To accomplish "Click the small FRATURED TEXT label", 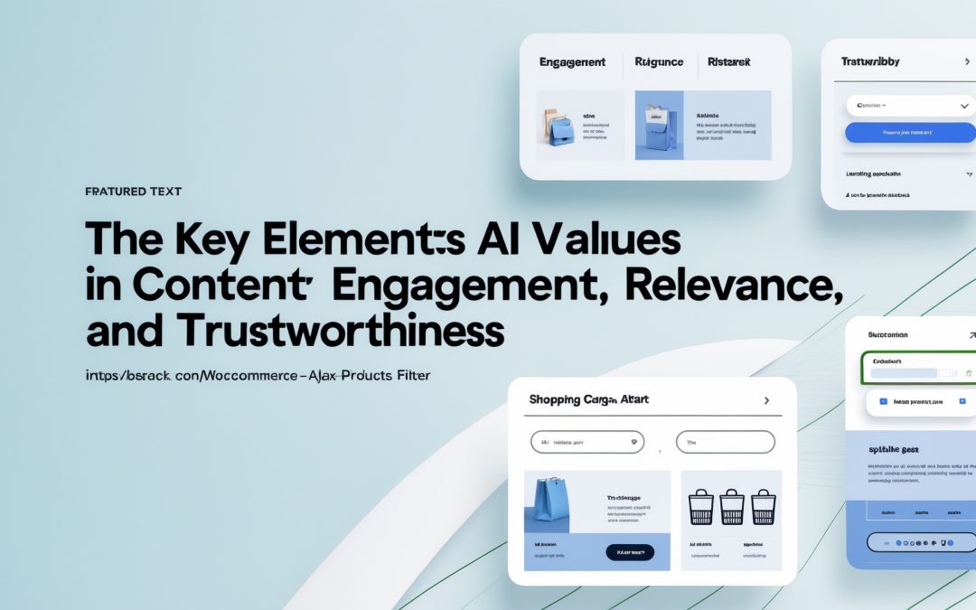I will (x=133, y=192).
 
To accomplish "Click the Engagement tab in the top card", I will (x=571, y=62).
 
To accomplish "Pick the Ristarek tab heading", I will (x=728, y=62).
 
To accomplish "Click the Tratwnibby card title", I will (x=870, y=62).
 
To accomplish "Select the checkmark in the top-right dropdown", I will (x=963, y=106).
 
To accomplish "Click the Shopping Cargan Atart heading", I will (x=588, y=399).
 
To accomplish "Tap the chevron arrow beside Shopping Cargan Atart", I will (x=766, y=399).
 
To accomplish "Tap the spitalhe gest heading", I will (x=894, y=448).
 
